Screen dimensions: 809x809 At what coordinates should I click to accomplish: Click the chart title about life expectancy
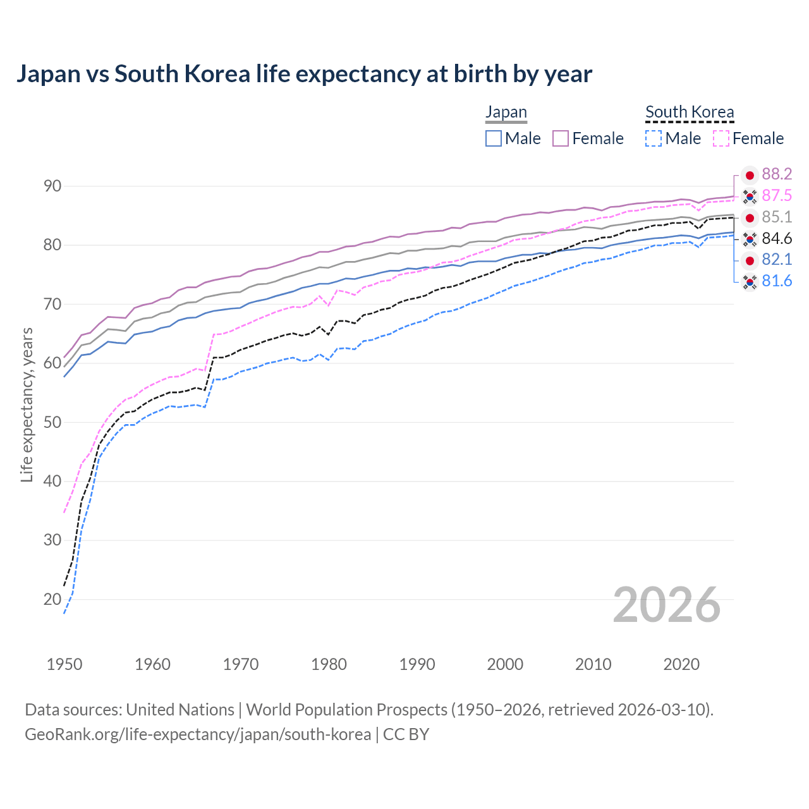pyautogui.click(x=304, y=74)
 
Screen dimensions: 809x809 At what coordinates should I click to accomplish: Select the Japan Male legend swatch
pyautogui.click(x=494, y=138)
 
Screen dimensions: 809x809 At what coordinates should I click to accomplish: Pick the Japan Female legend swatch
pyautogui.click(x=561, y=138)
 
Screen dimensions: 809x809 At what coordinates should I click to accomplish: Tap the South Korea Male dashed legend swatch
pyautogui.click(x=654, y=138)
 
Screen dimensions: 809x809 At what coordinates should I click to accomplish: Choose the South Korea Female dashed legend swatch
pyautogui.click(x=721, y=138)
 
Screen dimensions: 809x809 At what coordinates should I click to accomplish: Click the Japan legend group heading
pyautogui.click(x=506, y=112)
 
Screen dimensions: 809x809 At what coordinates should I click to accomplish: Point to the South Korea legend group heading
pyautogui.click(x=690, y=112)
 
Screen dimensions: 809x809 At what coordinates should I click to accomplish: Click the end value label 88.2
pyautogui.click(x=777, y=174)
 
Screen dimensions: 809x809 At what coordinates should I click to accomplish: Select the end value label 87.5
pyautogui.click(x=777, y=196)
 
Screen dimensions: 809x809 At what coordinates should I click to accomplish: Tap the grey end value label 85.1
pyautogui.click(x=777, y=217)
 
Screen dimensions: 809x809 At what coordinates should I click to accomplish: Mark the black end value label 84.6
pyautogui.click(x=777, y=239)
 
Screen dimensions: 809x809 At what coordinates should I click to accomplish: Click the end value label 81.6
pyautogui.click(x=777, y=281)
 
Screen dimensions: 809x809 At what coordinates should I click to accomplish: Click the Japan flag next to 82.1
pyautogui.click(x=750, y=260)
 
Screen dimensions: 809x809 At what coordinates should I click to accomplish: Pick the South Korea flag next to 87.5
pyautogui.click(x=750, y=197)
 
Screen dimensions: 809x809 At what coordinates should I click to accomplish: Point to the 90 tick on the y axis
pyautogui.click(x=52, y=186)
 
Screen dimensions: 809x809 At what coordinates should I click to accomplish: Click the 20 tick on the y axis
pyautogui.click(x=52, y=599)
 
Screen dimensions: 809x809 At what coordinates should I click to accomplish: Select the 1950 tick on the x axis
pyautogui.click(x=64, y=664)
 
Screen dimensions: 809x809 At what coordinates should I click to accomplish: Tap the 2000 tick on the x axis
pyautogui.click(x=505, y=664)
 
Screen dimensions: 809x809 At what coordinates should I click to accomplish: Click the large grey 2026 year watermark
pyautogui.click(x=666, y=605)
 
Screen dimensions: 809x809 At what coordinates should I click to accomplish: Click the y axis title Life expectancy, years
pyautogui.click(x=27, y=404)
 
